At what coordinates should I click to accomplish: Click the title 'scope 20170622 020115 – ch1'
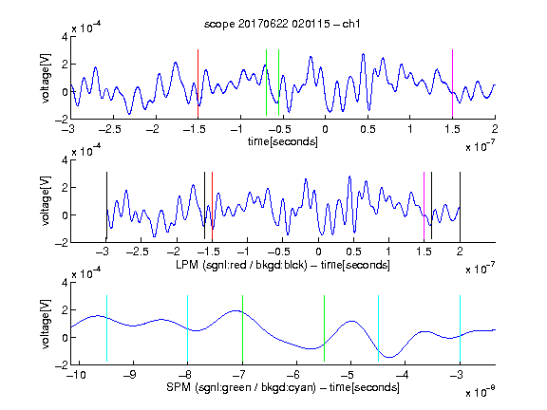point(282,24)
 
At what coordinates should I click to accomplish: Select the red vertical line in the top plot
point(198,84)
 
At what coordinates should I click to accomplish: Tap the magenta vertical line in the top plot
point(452,84)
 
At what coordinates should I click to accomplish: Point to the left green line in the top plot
point(266,83)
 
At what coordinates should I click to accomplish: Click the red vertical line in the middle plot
point(212,207)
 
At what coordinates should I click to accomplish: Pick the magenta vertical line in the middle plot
point(424,207)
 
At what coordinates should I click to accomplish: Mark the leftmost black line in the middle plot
point(106,207)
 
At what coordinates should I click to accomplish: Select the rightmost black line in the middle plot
point(460,207)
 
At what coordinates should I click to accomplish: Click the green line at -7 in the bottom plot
point(242,328)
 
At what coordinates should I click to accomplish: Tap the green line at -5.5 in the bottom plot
point(324,328)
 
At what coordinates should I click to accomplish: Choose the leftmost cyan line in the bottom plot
point(106,328)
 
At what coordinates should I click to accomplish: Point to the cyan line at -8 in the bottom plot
point(188,328)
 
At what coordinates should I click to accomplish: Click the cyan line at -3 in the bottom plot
point(460,328)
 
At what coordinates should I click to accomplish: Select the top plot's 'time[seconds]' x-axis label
point(283,141)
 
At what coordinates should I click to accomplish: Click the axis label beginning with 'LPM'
point(283,265)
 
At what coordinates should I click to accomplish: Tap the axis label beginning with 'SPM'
point(283,387)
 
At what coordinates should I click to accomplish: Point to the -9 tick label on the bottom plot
point(130,375)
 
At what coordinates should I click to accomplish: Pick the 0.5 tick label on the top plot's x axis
point(368,129)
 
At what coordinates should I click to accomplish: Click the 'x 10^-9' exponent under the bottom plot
point(481,392)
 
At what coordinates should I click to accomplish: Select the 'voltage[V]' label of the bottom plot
point(46,324)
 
